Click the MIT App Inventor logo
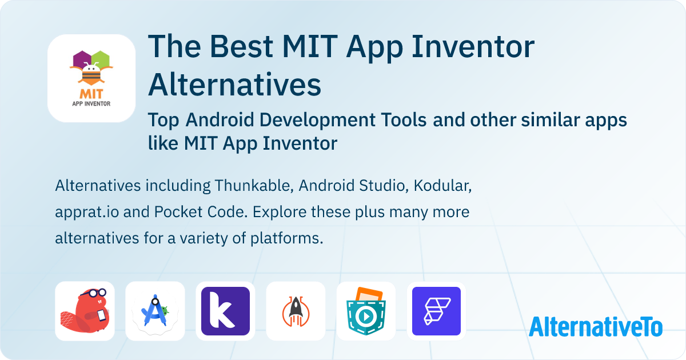tap(91, 78)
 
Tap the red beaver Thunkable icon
tap(85, 311)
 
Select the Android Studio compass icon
tap(155, 311)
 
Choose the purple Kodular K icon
tap(225, 311)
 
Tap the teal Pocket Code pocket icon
tap(366, 311)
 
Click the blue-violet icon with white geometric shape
tap(436, 311)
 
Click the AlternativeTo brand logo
tap(595, 326)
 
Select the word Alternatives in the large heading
tap(234, 85)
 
